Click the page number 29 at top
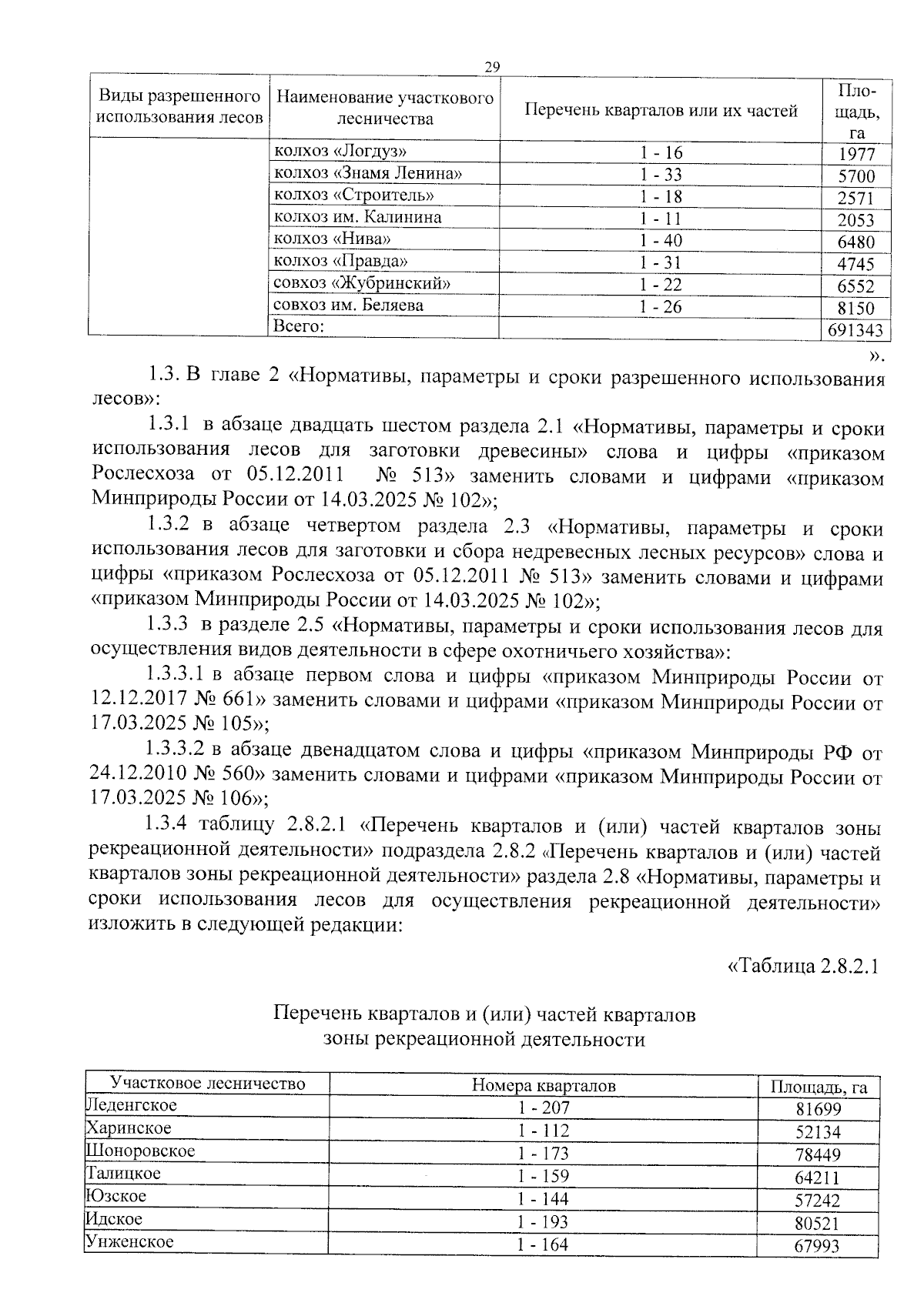tap(492, 67)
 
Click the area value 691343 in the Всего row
tap(855, 331)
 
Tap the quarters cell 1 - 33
tap(661, 175)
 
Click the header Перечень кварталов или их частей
tap(661, 111)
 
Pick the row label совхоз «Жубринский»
tap(361, 283)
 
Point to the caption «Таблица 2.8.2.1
tap(803, 966)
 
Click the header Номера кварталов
tap(544, 1086)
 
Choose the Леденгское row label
tap(132, 1106)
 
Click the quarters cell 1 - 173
tap(544, 1154)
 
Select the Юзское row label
tap(116, 1197)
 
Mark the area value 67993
tap(817, 1246)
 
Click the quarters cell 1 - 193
tap(544, 1221)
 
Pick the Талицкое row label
tap(124, 1174)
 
